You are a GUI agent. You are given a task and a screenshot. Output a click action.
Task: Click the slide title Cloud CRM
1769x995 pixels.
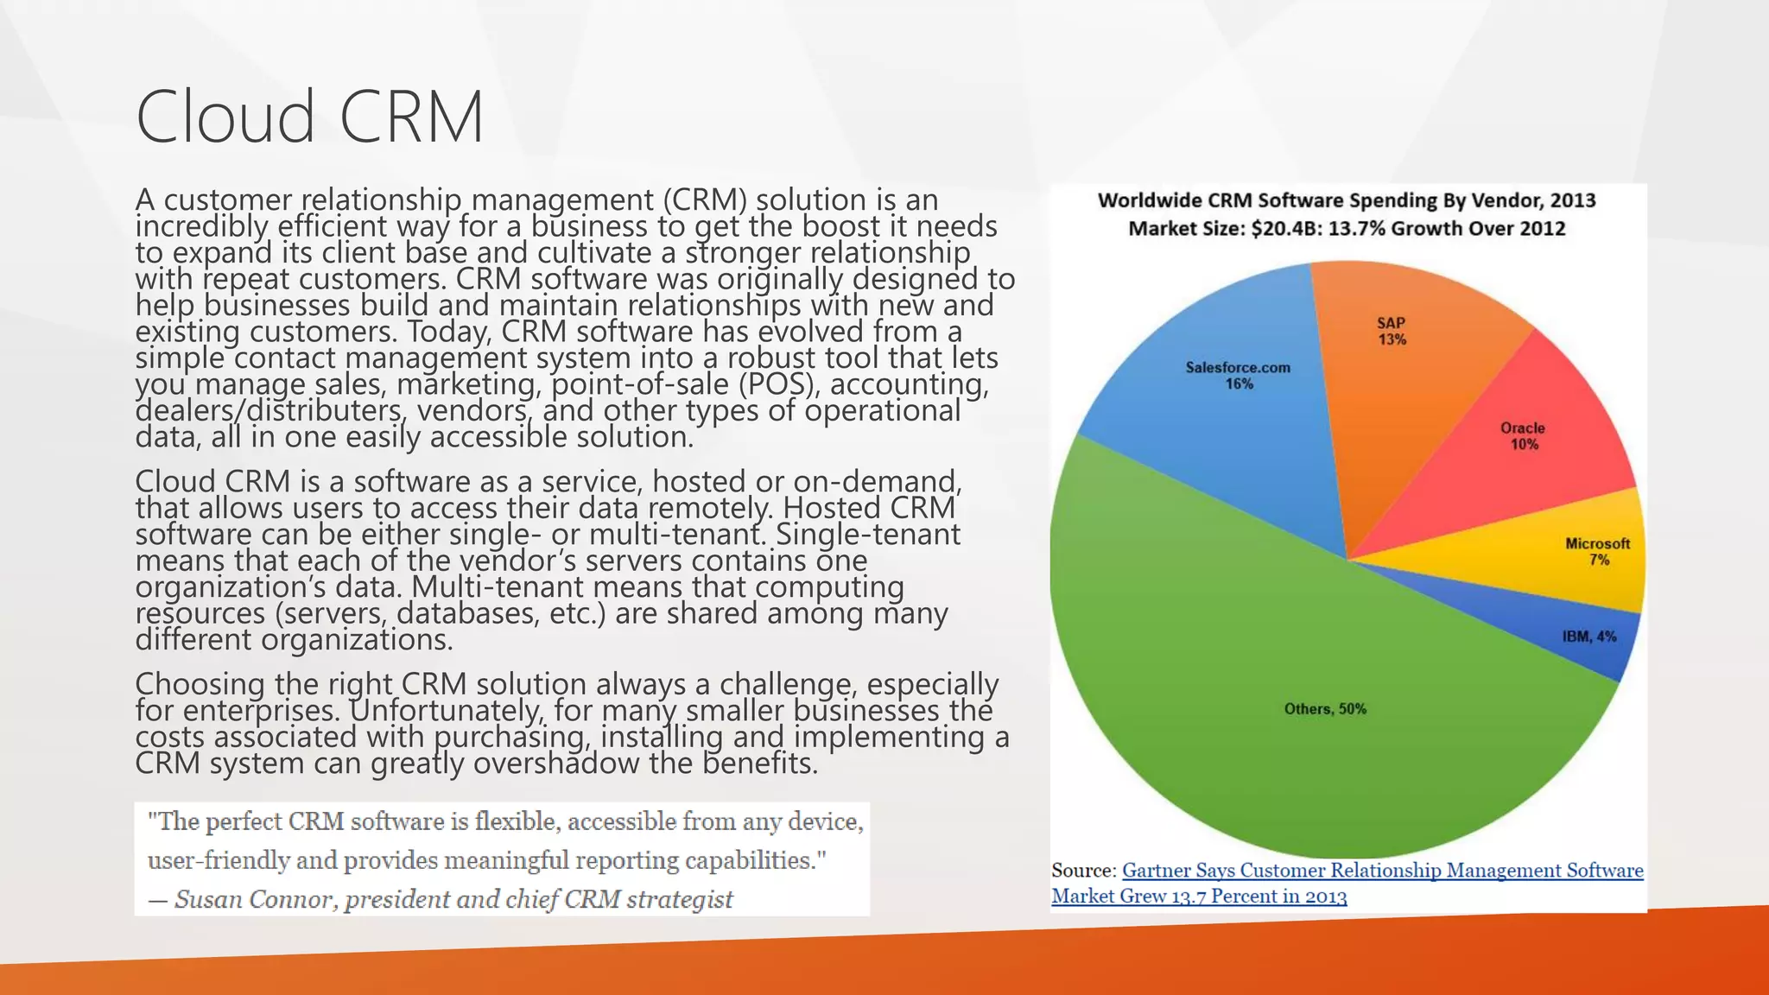(309, 117)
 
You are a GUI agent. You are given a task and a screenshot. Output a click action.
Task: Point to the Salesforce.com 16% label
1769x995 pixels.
(1238, 375)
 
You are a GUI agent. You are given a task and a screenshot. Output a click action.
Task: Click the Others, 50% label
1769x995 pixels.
(1325, 709)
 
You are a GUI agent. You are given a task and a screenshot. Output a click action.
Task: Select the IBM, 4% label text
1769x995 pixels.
(1589, 637)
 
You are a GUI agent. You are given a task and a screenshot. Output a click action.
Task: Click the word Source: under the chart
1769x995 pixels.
(1084, 871)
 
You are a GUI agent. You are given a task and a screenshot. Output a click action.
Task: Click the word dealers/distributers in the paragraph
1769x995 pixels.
(269, 410)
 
